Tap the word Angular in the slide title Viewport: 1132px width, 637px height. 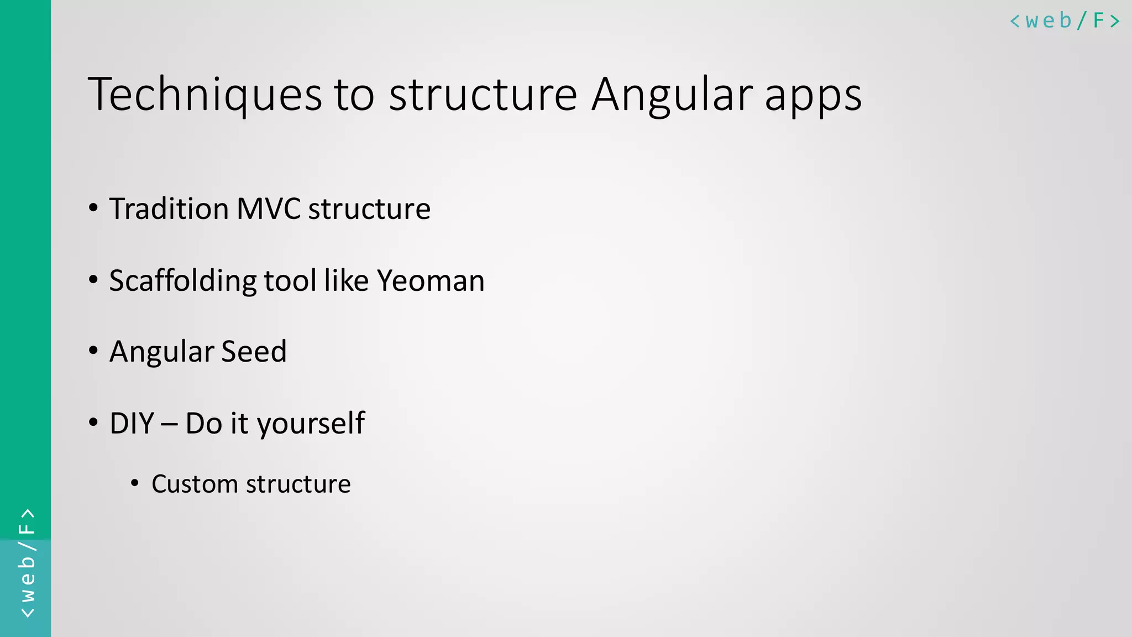point(672,95)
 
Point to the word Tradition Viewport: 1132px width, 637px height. point(169,209)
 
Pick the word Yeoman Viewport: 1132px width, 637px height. point(431,281)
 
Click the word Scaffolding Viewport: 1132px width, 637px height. point(182,281)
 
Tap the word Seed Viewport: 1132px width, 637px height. point(254,352)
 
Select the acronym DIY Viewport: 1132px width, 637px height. point(132,424)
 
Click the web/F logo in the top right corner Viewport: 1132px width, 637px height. point(1064,21)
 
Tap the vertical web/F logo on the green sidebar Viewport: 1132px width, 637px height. point(27,563)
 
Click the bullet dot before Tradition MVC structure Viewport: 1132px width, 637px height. point(93,208)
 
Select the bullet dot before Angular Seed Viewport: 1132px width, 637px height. point(93,351)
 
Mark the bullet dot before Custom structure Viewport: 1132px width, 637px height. point(135,483)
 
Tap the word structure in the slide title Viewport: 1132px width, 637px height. point(483,95)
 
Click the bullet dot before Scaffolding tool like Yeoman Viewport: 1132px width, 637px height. point(93,280)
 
